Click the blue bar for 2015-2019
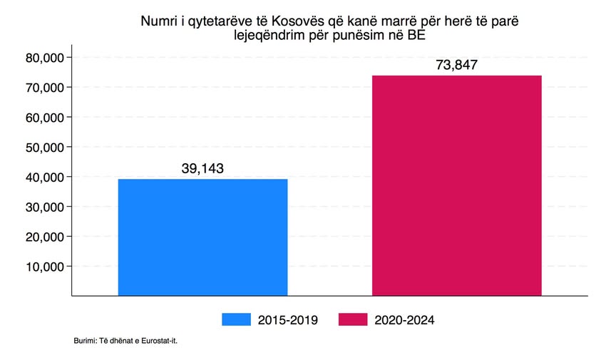pos(202,237)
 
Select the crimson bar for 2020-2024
pos(457,185)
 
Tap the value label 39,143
pos(202,168)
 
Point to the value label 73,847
pos(456,65)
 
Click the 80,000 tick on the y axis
pos(45,57)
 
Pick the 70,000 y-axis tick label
pos(45,87)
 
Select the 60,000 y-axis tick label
pos(45,117)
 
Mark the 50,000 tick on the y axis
pos(45,147)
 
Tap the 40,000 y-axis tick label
pos(45,177)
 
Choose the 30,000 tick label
pos(45,207)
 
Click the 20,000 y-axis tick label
pos(45,236)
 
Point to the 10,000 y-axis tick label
pos(45,266)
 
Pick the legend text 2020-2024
pos(404,320)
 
